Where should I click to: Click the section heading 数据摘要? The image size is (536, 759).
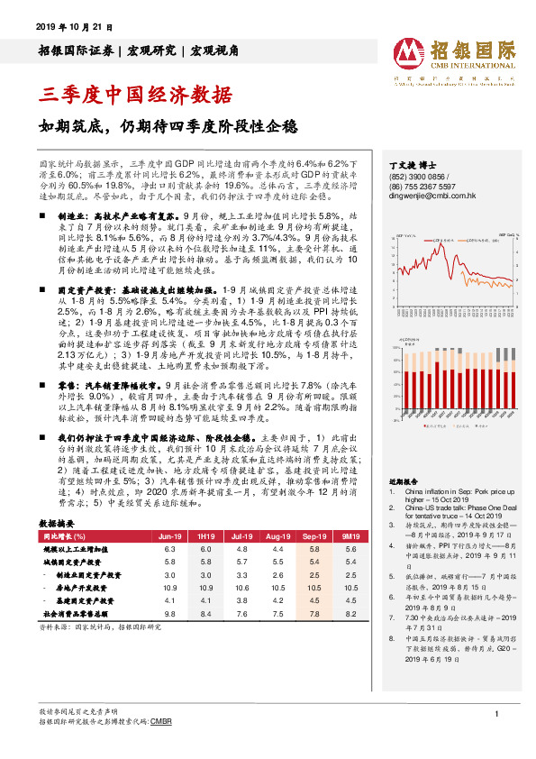[x=57, y=522]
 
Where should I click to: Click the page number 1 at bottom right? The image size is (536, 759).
[x=496, y=714]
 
